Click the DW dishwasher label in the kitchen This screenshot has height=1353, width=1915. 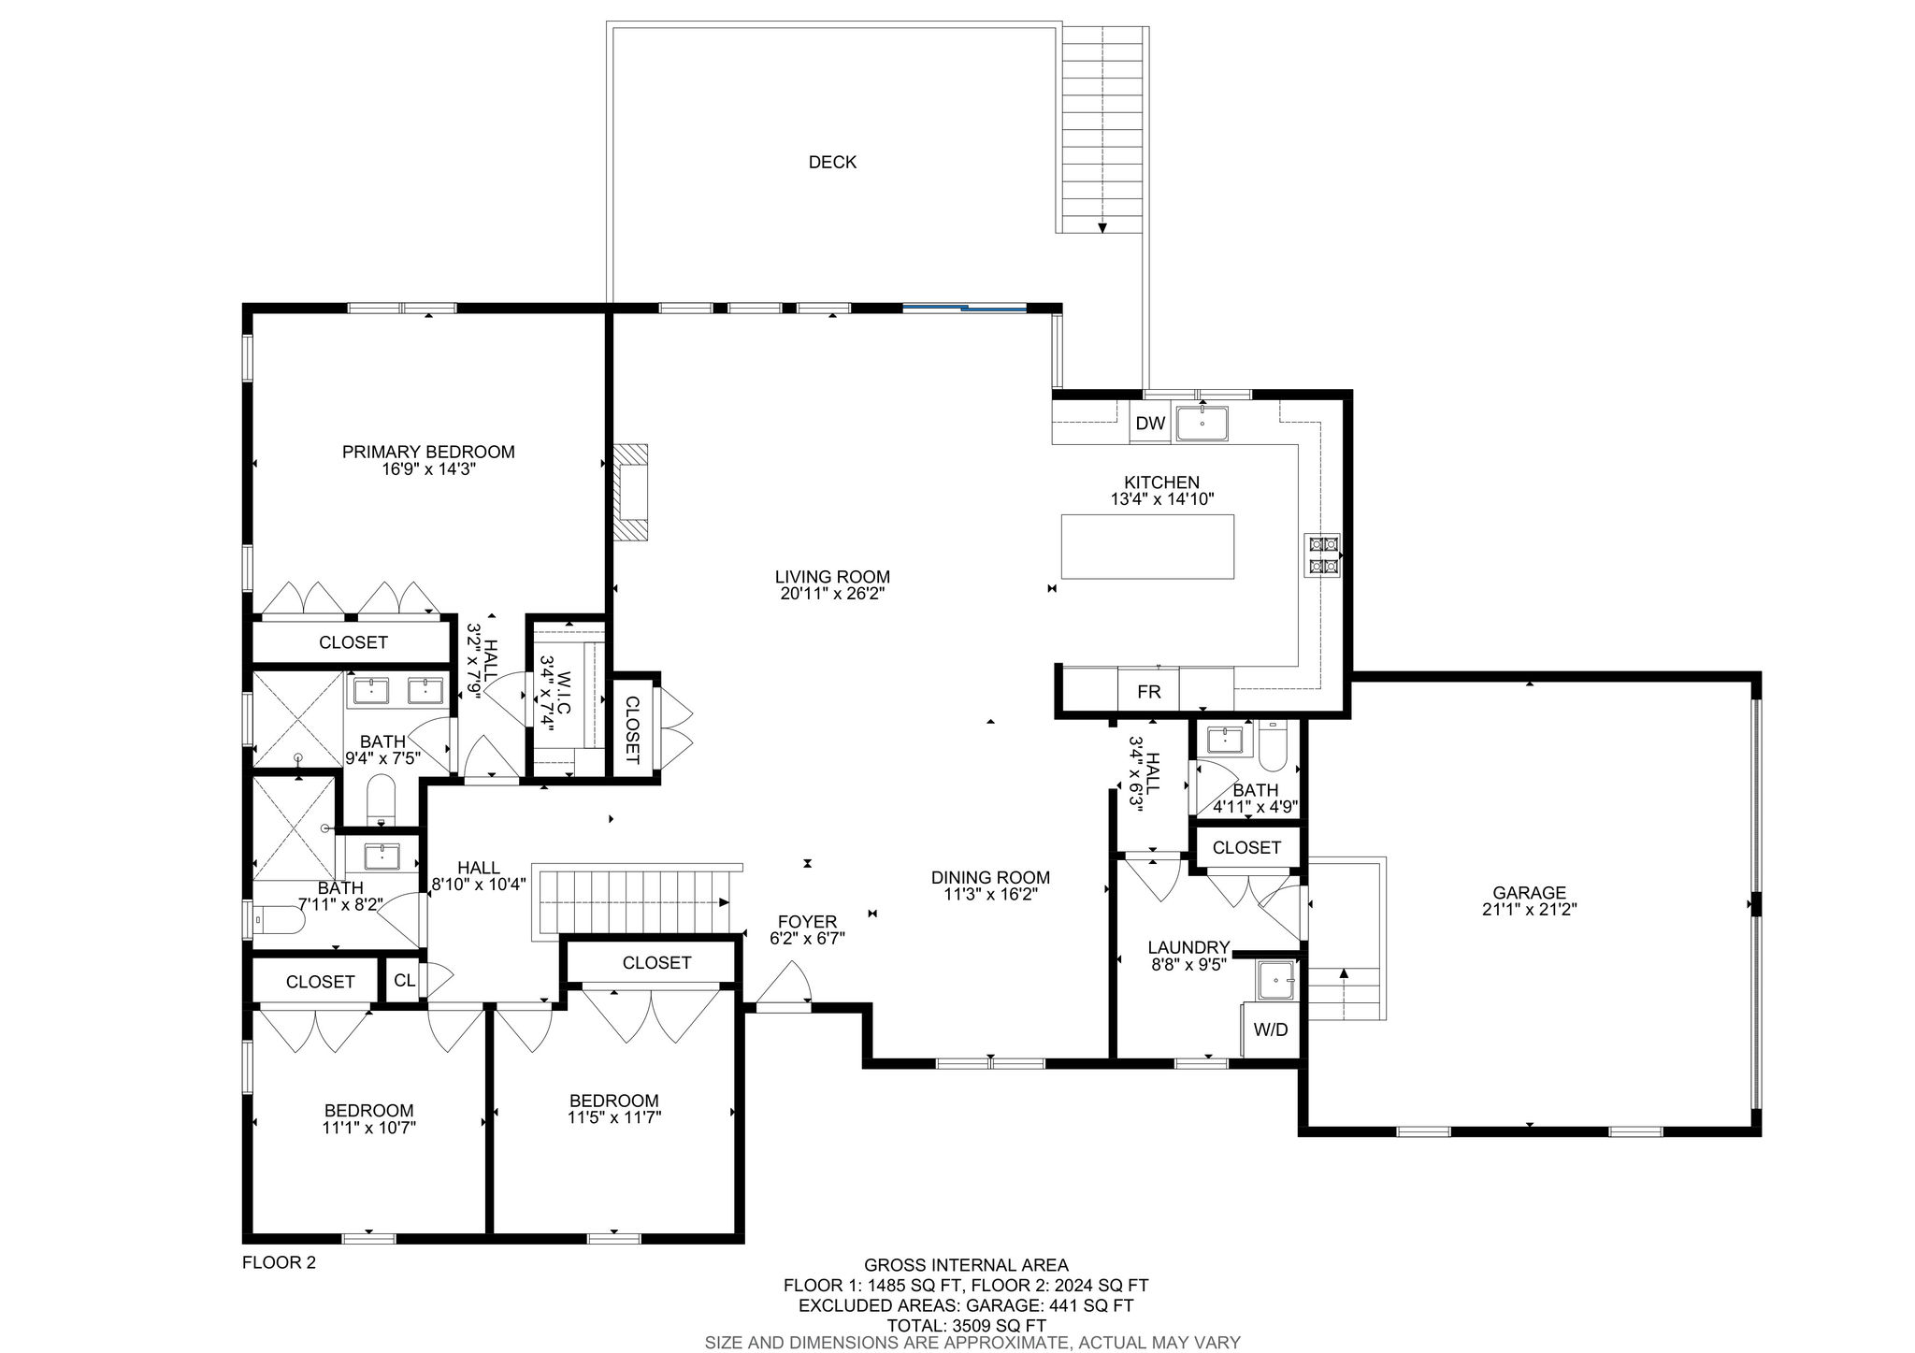coord(1150,424)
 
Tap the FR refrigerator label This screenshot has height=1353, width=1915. coord(1148,692)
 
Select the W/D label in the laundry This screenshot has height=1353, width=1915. coord(1270,1029)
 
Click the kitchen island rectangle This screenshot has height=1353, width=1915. coord(1147,546)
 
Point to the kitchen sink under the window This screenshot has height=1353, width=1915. coord(1202,424)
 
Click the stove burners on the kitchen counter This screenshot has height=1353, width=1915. coord(1323,554)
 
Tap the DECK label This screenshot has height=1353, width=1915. coord(832,163)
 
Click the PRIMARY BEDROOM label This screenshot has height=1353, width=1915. coord(428,453)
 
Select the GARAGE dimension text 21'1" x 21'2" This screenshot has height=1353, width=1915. coord(1530,909)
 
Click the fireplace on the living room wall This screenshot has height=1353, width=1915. coord(630,492)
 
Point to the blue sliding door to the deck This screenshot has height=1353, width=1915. coord(964,307)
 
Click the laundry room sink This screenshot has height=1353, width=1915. coord(1276,980)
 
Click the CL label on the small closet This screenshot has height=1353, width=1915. coord(404,981)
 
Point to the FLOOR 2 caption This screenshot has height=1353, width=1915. coord(279,1262)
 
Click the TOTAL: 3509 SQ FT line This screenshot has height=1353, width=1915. coord(967,1325)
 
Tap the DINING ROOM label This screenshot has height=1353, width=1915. coord(990,878)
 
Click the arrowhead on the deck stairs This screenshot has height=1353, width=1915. coord(1103,227)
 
